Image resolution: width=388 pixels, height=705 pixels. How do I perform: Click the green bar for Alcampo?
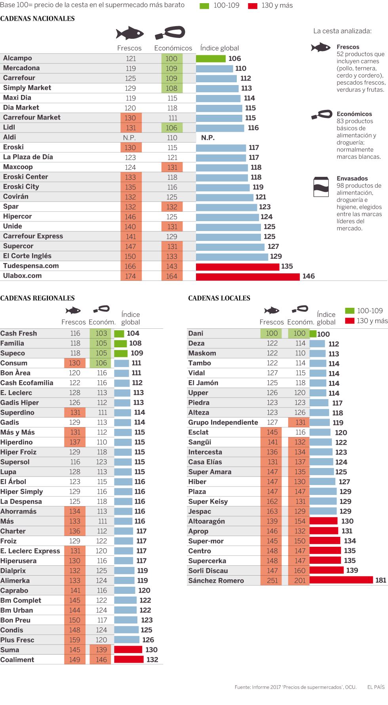point(211,59)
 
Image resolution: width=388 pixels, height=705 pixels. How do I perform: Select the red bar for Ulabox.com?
point(247,276)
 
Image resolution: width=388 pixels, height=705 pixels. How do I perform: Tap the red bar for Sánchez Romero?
point(341,580)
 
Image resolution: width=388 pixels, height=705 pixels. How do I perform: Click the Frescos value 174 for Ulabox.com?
point(131,276)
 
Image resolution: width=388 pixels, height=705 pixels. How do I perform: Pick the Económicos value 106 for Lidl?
point(172,128)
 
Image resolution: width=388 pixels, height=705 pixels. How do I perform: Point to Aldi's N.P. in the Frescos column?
point(129,138)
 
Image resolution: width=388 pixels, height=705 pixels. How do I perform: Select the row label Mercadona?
point(21,68)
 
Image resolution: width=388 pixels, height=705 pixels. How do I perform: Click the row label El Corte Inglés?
point(27,256)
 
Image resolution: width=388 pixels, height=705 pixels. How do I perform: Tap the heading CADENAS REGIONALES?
point(37,298)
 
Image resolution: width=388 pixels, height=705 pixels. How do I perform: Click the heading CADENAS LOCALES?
point(219,298)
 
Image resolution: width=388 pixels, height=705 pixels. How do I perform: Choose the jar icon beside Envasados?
point(321,187)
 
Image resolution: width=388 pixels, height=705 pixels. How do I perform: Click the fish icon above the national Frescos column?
point(129,33)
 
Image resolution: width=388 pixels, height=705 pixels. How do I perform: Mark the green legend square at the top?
point(204,6)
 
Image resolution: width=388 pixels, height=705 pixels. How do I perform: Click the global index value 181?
point(381,580)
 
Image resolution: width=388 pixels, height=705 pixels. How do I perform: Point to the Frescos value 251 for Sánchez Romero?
point(272,581)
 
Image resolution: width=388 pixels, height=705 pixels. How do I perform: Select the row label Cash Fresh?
point(19,334)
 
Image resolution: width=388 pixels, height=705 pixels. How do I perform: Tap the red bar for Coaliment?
point(129,660)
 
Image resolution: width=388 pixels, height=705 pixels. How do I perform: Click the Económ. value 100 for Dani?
point(299,334)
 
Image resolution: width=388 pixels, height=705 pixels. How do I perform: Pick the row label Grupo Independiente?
point(223,423)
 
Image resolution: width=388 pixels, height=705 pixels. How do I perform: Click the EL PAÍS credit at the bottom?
point(376,687)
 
